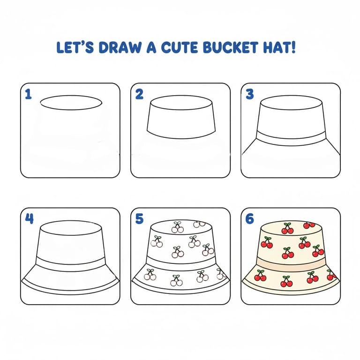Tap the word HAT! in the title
click(x=279, y=47)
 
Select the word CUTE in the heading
click(x=180, y=47)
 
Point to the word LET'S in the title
click(x=75, y=47)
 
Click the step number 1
click(x=28, y=94)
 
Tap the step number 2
click(x=139, y=94)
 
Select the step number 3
click(x=250, y=94)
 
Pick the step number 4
click(x=29, y=219)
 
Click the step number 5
click(x=139, y=219)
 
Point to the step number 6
click(x=250, y=219)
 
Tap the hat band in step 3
click(x=291, y=139)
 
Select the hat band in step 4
click(x=71, y=264)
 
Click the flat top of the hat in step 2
click(x=181, y=103)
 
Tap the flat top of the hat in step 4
click(x=71, y=228)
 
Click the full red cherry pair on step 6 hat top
click(x=287, y=228)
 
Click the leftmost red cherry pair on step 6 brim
click(x=261, y=276)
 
